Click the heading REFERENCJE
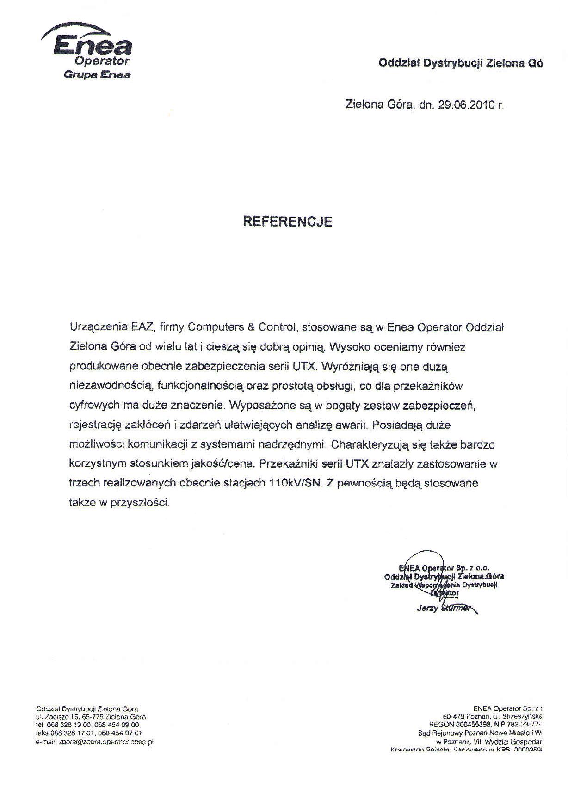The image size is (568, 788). (288, 222)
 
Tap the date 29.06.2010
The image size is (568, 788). (466, 105)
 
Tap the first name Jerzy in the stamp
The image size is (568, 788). (426, 609)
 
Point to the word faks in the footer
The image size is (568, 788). (42, 733)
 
